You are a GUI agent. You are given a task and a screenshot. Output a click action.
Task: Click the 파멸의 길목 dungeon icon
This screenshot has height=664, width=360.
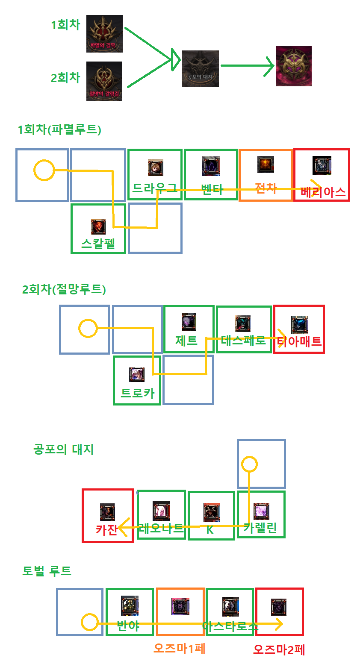pos(104,34)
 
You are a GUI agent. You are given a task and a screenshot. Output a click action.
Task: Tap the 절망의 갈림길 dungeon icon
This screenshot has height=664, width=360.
pos(104,81)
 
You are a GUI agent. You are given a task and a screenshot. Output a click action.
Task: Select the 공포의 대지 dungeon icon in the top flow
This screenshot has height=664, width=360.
pos(200,68)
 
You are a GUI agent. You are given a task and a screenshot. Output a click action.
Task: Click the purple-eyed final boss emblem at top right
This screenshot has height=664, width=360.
pos(294,66)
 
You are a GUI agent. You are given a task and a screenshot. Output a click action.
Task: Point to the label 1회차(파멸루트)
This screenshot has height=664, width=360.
pos(59,129)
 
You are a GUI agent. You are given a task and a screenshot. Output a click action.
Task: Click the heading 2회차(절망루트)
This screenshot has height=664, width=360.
pos(64,289)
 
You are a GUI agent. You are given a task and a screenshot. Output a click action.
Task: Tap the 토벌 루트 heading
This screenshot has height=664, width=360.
pos(47,570)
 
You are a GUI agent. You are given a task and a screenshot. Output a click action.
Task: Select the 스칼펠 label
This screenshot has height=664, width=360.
pos(98,244)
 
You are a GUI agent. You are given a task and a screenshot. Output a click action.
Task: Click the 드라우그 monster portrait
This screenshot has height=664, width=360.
pos(156,167)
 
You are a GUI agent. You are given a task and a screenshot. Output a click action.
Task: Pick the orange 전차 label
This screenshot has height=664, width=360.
pos(266,188)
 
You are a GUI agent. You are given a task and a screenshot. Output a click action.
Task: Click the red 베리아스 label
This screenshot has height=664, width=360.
pos(323,192)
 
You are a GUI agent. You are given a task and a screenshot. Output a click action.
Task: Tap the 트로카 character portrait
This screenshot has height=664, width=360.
pos(137,375)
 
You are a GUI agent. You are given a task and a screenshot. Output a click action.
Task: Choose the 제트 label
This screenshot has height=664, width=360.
pos(186,341)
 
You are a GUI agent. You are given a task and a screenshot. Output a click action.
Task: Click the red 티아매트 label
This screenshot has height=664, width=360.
pos(299,341)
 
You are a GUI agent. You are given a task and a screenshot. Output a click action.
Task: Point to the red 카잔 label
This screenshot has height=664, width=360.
pos(106,530)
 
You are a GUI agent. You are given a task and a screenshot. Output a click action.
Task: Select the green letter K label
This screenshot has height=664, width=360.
pos(210,530)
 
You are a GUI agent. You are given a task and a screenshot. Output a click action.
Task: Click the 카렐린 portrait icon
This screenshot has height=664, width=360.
pos(261,511)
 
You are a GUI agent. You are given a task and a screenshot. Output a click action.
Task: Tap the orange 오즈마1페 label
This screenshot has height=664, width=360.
pos(180,648)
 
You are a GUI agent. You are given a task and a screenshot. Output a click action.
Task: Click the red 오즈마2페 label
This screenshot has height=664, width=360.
pos(279,649)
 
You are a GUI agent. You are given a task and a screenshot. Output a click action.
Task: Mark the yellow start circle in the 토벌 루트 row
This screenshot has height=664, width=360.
pos(90,623)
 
